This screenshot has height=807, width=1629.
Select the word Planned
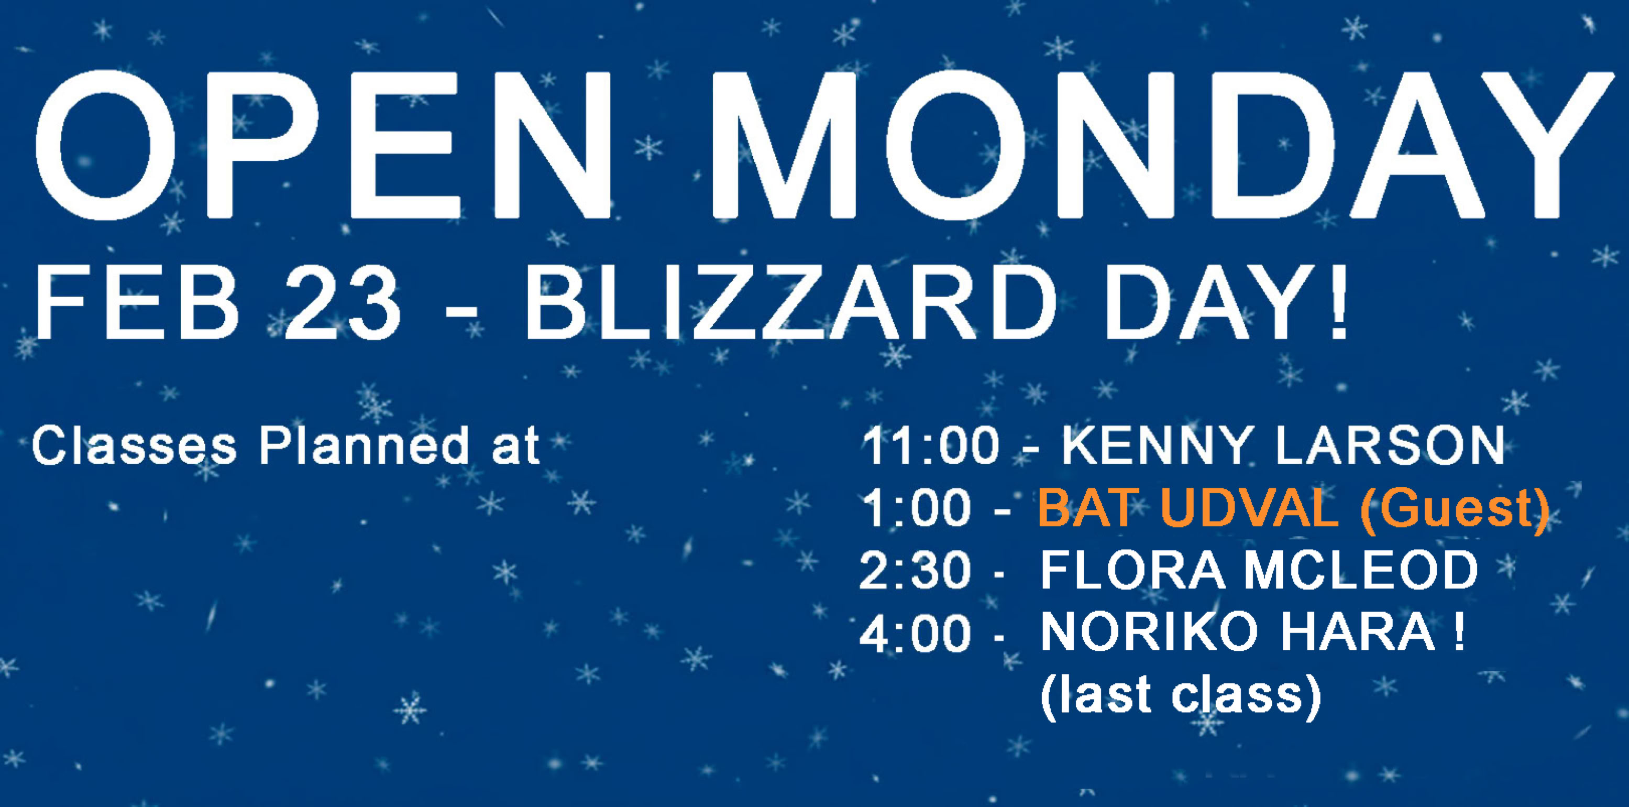[364, 445]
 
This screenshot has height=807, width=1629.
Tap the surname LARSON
[1391, 445]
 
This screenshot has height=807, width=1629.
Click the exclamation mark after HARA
[1458, 632]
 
